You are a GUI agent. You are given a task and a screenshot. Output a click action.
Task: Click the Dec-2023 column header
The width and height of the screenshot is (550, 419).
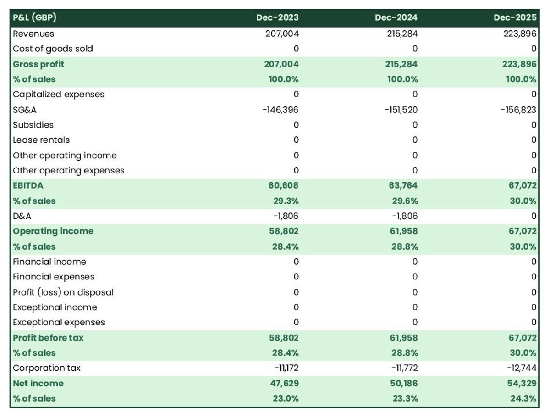point(277,18)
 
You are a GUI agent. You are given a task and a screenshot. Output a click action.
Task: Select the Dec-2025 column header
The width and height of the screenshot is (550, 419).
point(515,18)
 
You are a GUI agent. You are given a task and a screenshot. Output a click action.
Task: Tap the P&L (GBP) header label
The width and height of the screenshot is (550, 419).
point(35,18)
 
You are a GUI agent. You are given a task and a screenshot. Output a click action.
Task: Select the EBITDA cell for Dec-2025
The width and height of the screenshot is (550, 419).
point(521,186)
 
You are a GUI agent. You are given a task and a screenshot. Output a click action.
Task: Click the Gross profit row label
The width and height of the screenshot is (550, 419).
point(38,64)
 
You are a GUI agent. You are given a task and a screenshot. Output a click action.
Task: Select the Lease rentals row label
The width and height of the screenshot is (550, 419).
point(41,140)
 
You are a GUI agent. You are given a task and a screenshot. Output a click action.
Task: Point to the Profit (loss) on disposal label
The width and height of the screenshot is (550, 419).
point(63,292)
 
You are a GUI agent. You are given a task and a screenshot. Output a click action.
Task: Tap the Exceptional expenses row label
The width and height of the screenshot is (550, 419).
point(59,323)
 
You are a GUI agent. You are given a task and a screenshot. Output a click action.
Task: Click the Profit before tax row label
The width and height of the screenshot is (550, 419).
point(48,338)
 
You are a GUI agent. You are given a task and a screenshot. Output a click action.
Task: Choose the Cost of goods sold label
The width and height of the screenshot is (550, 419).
point(53,49)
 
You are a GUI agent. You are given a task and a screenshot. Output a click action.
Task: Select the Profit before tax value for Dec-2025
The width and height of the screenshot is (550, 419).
point(521,338)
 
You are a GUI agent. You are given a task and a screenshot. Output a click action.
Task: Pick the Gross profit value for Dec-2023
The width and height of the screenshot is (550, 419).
point(282,64)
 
